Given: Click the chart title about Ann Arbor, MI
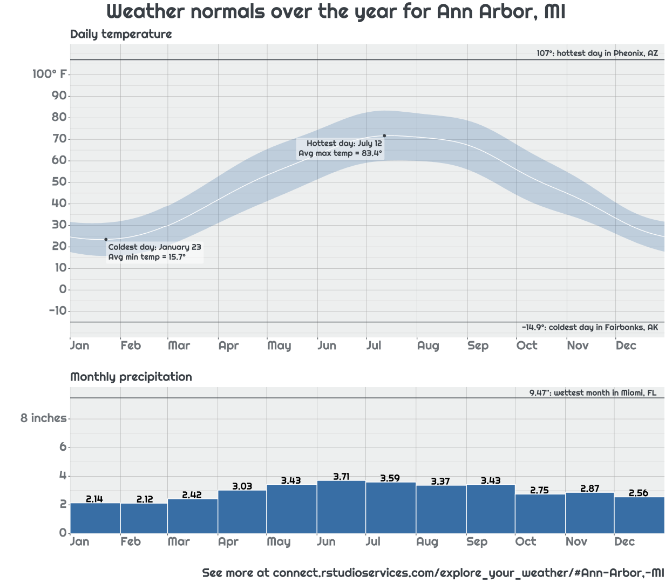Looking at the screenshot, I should click(x=336, y=12).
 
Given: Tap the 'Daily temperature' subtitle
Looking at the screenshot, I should click(x=121, y=35).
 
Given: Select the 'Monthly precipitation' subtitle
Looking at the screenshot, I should click(x=131, y=377).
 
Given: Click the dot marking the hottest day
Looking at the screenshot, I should click(x=384, y=135).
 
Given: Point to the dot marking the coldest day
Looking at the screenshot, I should click(x=106, y=239).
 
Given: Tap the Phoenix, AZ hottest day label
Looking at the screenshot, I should click(x=597, y=53).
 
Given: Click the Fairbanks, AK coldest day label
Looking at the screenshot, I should click(x=589, y=327).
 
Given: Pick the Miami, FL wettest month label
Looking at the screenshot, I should click(x=593, y=392).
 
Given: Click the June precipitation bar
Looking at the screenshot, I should click(x=341, y=507).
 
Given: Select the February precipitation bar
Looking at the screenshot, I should click(x=144, y=518).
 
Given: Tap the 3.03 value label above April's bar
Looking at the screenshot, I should click(x=242, y=486).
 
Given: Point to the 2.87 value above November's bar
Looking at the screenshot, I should click(x=590, y=489).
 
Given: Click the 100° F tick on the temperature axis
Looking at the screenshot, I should click(x=50, y=74).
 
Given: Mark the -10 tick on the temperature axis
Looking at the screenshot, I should click(x=58, y=311).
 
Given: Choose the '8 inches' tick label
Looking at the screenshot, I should click(x=43, y=418).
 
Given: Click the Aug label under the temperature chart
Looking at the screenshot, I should click(x=428, y=345).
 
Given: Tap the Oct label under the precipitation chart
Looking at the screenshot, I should click(x=526, y=541).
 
